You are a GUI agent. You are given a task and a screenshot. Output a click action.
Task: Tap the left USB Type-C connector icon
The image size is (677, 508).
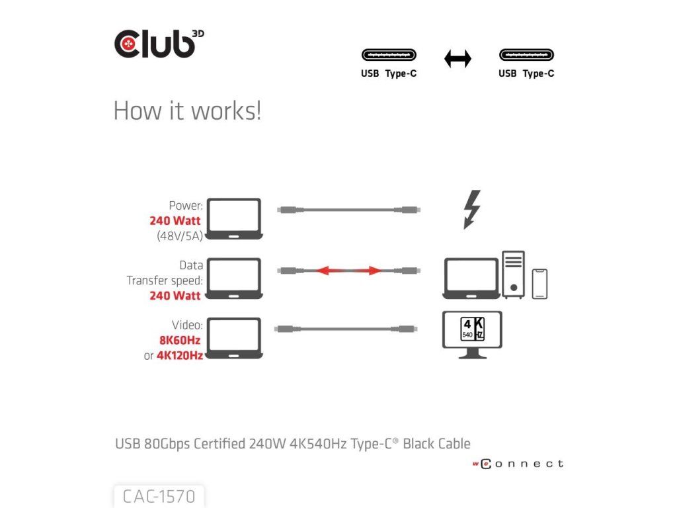(x=388, y=56)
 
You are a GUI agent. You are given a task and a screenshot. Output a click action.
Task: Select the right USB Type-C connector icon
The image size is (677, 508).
(x=526, y=56)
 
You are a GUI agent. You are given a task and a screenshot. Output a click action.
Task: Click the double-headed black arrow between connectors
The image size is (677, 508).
(x=458, y=59)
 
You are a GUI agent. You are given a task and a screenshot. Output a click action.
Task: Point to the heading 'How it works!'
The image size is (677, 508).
(x=187, y=110)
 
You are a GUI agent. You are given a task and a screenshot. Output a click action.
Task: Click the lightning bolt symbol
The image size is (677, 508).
(x=472, y=210)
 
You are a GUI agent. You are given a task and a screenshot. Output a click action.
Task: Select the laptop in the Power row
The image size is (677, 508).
(x=234, y=218)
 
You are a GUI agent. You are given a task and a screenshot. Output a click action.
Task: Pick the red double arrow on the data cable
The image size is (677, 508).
(x=347, y=271)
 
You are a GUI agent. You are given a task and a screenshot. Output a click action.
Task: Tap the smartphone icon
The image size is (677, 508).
(x=539, y=283)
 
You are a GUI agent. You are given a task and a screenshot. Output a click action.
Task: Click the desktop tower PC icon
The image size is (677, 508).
(x=513, y=273)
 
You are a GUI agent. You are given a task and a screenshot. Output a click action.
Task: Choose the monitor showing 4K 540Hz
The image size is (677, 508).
(x=472, y=335)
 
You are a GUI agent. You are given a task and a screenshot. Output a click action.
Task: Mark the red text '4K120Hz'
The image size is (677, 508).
(x=180, y=356)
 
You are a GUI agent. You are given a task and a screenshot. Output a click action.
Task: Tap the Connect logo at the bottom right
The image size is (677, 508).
(x=518, y=464)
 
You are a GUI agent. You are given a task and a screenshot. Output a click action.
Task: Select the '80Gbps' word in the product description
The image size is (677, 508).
(x=167, y=443)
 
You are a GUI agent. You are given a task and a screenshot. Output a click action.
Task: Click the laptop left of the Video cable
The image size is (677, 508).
(x=234, y=338)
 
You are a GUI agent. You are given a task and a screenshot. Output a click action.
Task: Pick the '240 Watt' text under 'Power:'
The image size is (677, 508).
(x=175, y=221)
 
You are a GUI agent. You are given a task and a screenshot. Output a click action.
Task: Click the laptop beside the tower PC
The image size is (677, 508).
(x=471, y=278)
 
